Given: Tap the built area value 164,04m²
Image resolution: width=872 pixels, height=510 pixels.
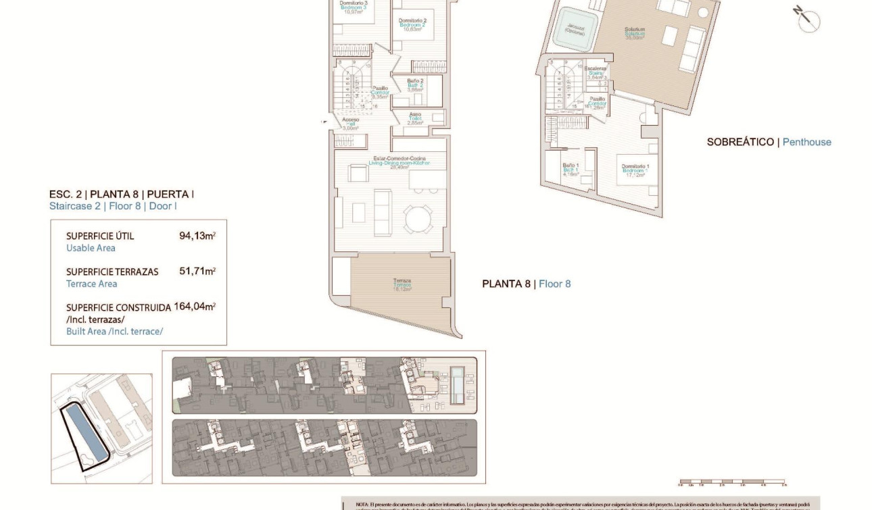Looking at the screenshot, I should [195, 307].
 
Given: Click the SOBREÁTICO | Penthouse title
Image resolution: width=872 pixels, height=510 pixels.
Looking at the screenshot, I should [769, 142].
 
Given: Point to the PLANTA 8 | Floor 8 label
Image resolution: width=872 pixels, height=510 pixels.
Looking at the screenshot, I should [526, 284].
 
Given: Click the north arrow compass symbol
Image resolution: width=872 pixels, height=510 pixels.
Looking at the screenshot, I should [807, 20].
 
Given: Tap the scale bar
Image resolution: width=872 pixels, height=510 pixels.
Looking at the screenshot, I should [732, 482].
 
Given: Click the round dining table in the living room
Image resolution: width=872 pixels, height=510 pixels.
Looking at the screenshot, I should [418, 219].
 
